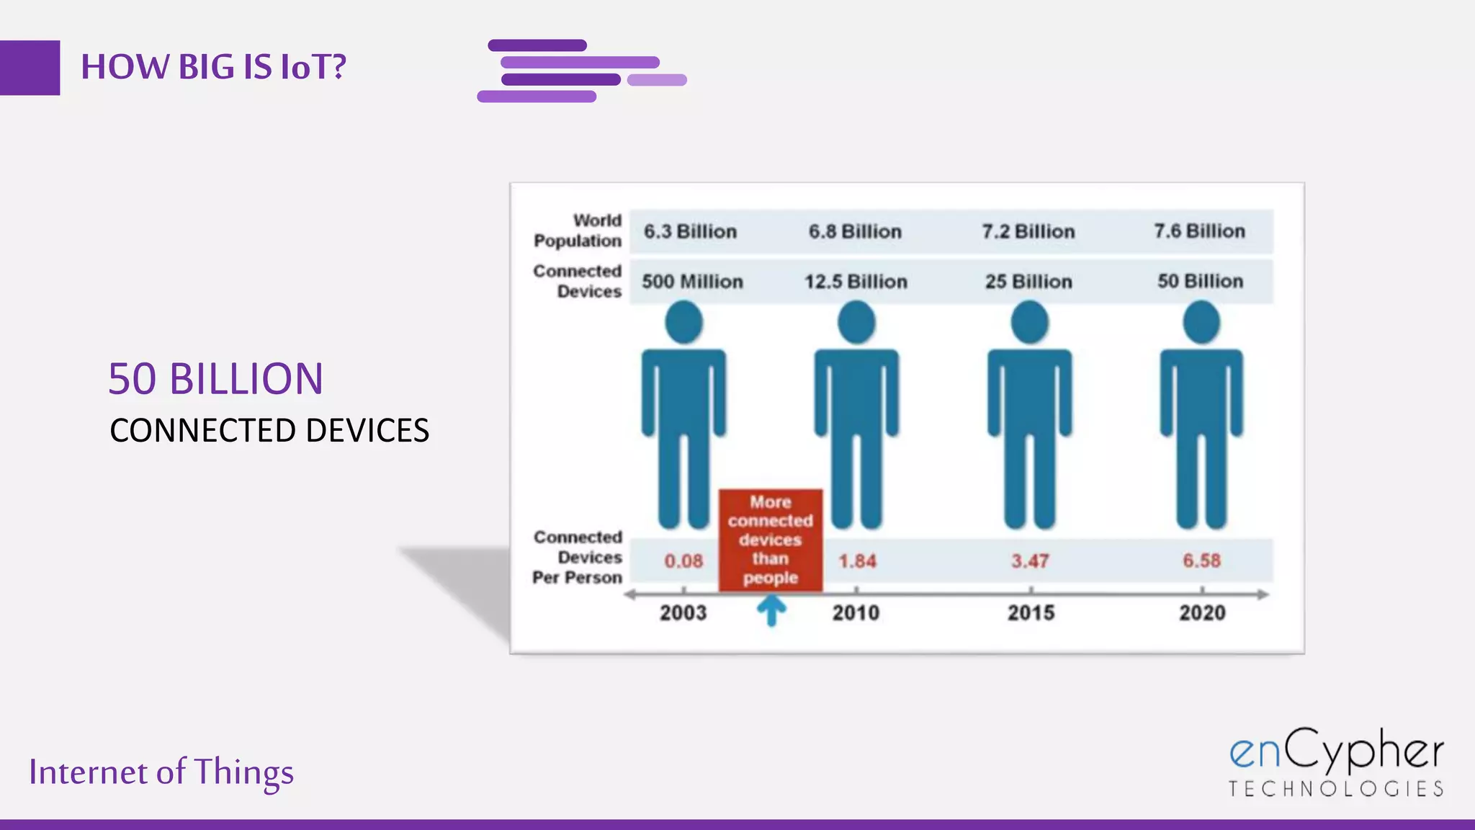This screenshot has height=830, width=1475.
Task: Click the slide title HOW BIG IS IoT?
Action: pyautogui.click(x=213, y=67)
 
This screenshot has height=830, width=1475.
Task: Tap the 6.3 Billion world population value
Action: pyautogui.click(x=690, y=231)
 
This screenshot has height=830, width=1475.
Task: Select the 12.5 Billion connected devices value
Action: pyautogui.click(x=856, y=282)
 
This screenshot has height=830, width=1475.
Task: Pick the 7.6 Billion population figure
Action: pyautogui.click(x=1199, y=231)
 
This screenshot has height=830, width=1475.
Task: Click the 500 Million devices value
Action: pyautogui.click(x=692, y=282)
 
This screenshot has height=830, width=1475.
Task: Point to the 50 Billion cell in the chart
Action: pyautogui.click(x=1200, y=281)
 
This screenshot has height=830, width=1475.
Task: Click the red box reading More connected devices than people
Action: pyautogui.click(x=771, y=540)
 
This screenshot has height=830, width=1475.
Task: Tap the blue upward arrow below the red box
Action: pyautogui.click(x=771, y=612)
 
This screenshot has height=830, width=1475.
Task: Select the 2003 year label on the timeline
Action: pyautogui.click(x=683, y=613)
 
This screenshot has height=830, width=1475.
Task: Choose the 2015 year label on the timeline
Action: pyautogui.click(x=1031, y=613)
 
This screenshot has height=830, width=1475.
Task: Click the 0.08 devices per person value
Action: pyautogui.click(x=683, y=561)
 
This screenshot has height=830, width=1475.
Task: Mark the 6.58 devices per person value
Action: pyautogui.click(x=1201, y=561)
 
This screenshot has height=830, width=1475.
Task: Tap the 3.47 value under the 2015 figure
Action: pyautogui.click(x=1030, y=561)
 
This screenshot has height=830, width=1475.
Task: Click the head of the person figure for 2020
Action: pyautogui.click(x=1201, y=322)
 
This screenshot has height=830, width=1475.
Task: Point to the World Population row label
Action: pyautogui.click(x=578, y=231)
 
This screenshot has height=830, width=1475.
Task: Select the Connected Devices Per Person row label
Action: pyautogui.click(x=578, y=557)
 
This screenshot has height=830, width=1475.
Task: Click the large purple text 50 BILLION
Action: pyautogui.click(x=215, y=379)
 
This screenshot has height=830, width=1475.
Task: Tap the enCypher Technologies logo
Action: pyautogui.click(x=1336, y=762)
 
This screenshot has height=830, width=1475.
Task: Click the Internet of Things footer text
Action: pyautogui.click(x=161, y=772)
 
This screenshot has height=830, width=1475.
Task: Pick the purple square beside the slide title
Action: pyautogui.click(x=30, y=68)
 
